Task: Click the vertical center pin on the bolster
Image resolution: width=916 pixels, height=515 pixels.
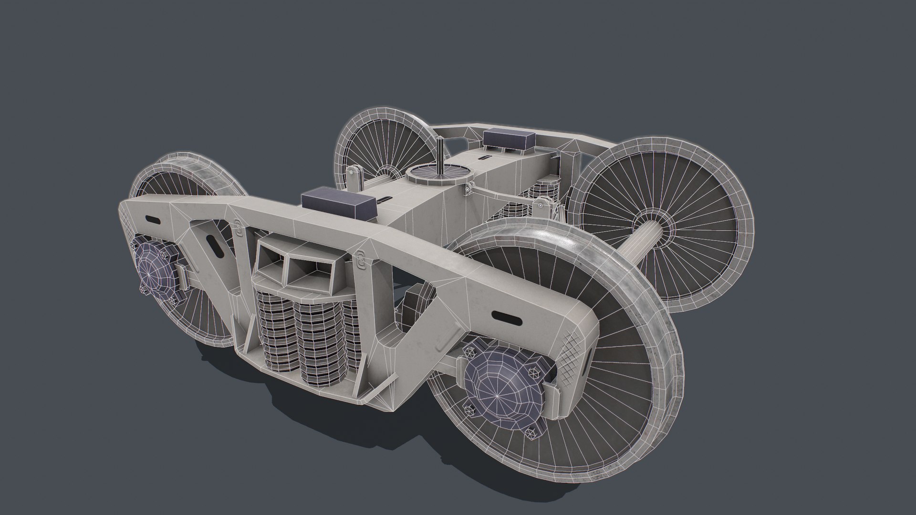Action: pos(439,157)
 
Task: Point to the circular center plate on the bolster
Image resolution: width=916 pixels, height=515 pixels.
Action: pos(437,175)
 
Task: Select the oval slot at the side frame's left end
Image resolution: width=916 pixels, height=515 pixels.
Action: pos(154,220)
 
